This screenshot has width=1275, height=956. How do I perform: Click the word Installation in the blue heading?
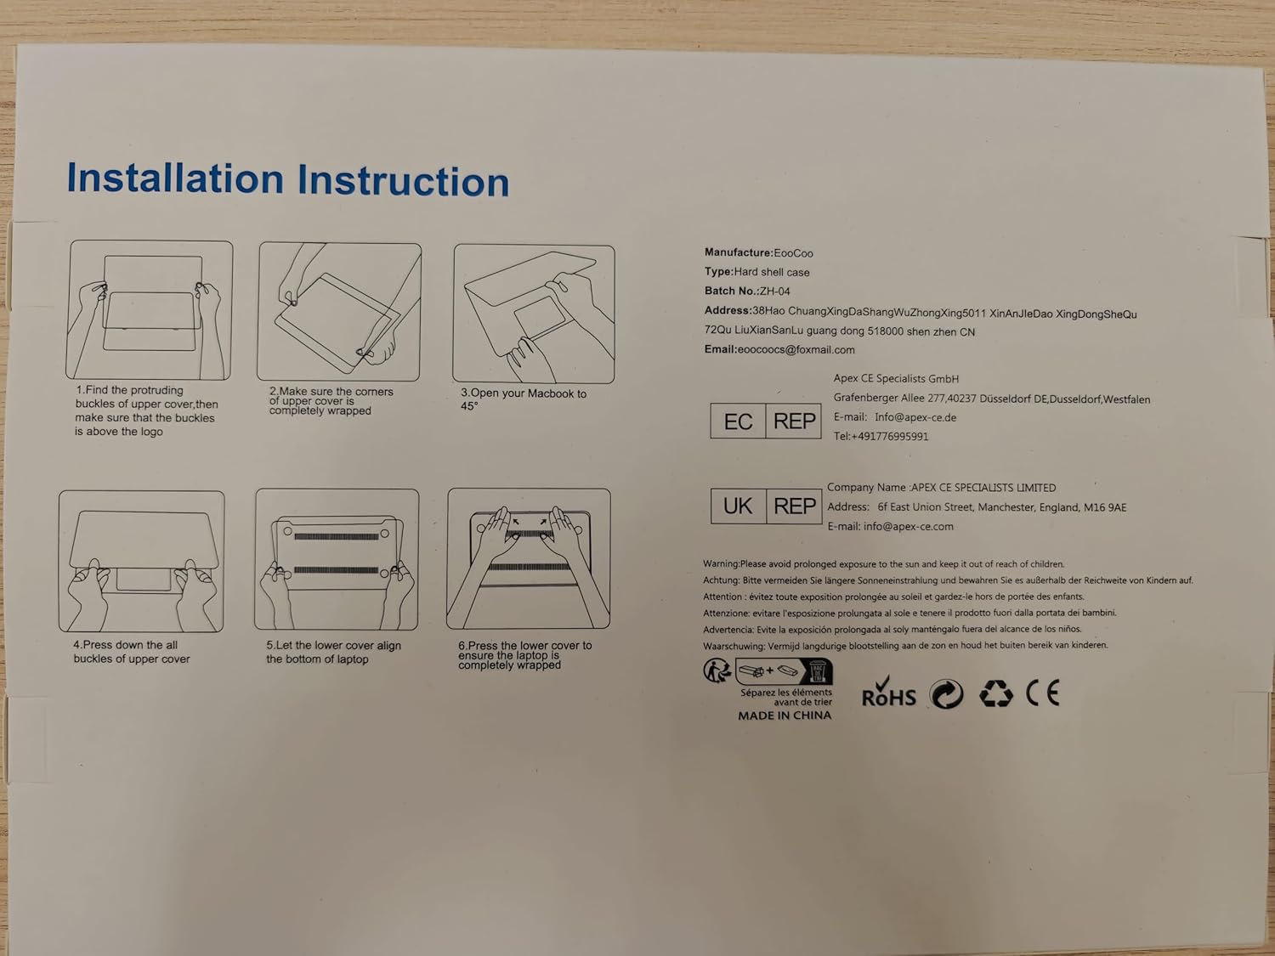(175, 178)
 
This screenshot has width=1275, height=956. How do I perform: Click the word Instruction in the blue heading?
(403, 180)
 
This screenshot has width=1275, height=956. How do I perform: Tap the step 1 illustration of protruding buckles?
(150, 310)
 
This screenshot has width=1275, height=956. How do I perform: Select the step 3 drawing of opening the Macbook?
(534, 314)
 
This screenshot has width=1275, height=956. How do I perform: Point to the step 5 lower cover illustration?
(337, 559)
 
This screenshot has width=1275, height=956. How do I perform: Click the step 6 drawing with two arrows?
(529, 558)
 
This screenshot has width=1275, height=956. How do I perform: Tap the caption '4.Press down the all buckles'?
(132, 652)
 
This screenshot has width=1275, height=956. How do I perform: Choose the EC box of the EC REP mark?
(738, 421)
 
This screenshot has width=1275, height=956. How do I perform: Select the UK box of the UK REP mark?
(739, 506)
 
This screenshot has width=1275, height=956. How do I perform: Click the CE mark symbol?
(1043, 693)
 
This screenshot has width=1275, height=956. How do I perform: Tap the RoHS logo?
(889, 692)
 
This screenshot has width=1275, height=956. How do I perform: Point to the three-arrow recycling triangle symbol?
(996, 693)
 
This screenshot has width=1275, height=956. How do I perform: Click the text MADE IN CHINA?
(785, 716)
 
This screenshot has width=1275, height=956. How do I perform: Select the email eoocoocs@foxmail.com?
(796, 350)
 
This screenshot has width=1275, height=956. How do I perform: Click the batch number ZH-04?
(775, 291)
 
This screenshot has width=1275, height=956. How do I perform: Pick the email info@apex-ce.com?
(909, 527)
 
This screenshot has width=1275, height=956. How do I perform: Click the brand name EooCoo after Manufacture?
(793, 253)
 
